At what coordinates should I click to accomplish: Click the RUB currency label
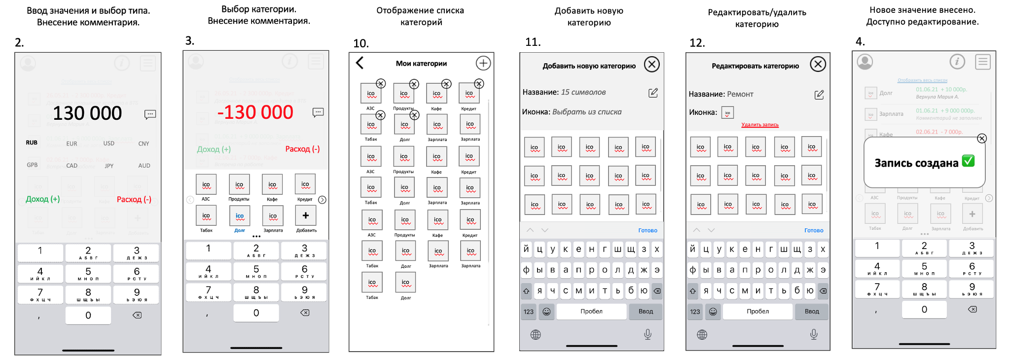coord(32,143)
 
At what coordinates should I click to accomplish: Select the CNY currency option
coord(144,144)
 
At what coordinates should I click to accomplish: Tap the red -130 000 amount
coord(255,112)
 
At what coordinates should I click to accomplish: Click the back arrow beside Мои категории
coord(360,63)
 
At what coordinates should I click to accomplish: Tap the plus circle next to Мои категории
coord(483,63)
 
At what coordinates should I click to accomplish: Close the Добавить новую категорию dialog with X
coord(651,65)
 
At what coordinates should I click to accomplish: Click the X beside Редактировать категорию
coord(818,64)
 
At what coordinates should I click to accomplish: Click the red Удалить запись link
coord(759,125)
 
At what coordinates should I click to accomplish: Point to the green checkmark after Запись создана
coord(968,161)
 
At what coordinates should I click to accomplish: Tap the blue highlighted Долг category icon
coord(240,216)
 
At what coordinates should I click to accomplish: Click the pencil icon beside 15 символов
coord(653,93)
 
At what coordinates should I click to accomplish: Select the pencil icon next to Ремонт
coord(819,95)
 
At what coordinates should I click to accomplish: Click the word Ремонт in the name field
coord(740,94)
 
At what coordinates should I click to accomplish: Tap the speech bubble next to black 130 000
coord(150,114)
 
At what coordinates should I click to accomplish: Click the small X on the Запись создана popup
coord(982,139)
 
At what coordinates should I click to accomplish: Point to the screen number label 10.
coord(361,43)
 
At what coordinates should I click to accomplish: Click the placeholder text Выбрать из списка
coord(586,112)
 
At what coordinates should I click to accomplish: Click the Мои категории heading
coord(421,63)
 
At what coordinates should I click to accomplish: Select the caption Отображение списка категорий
coord(420,16)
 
